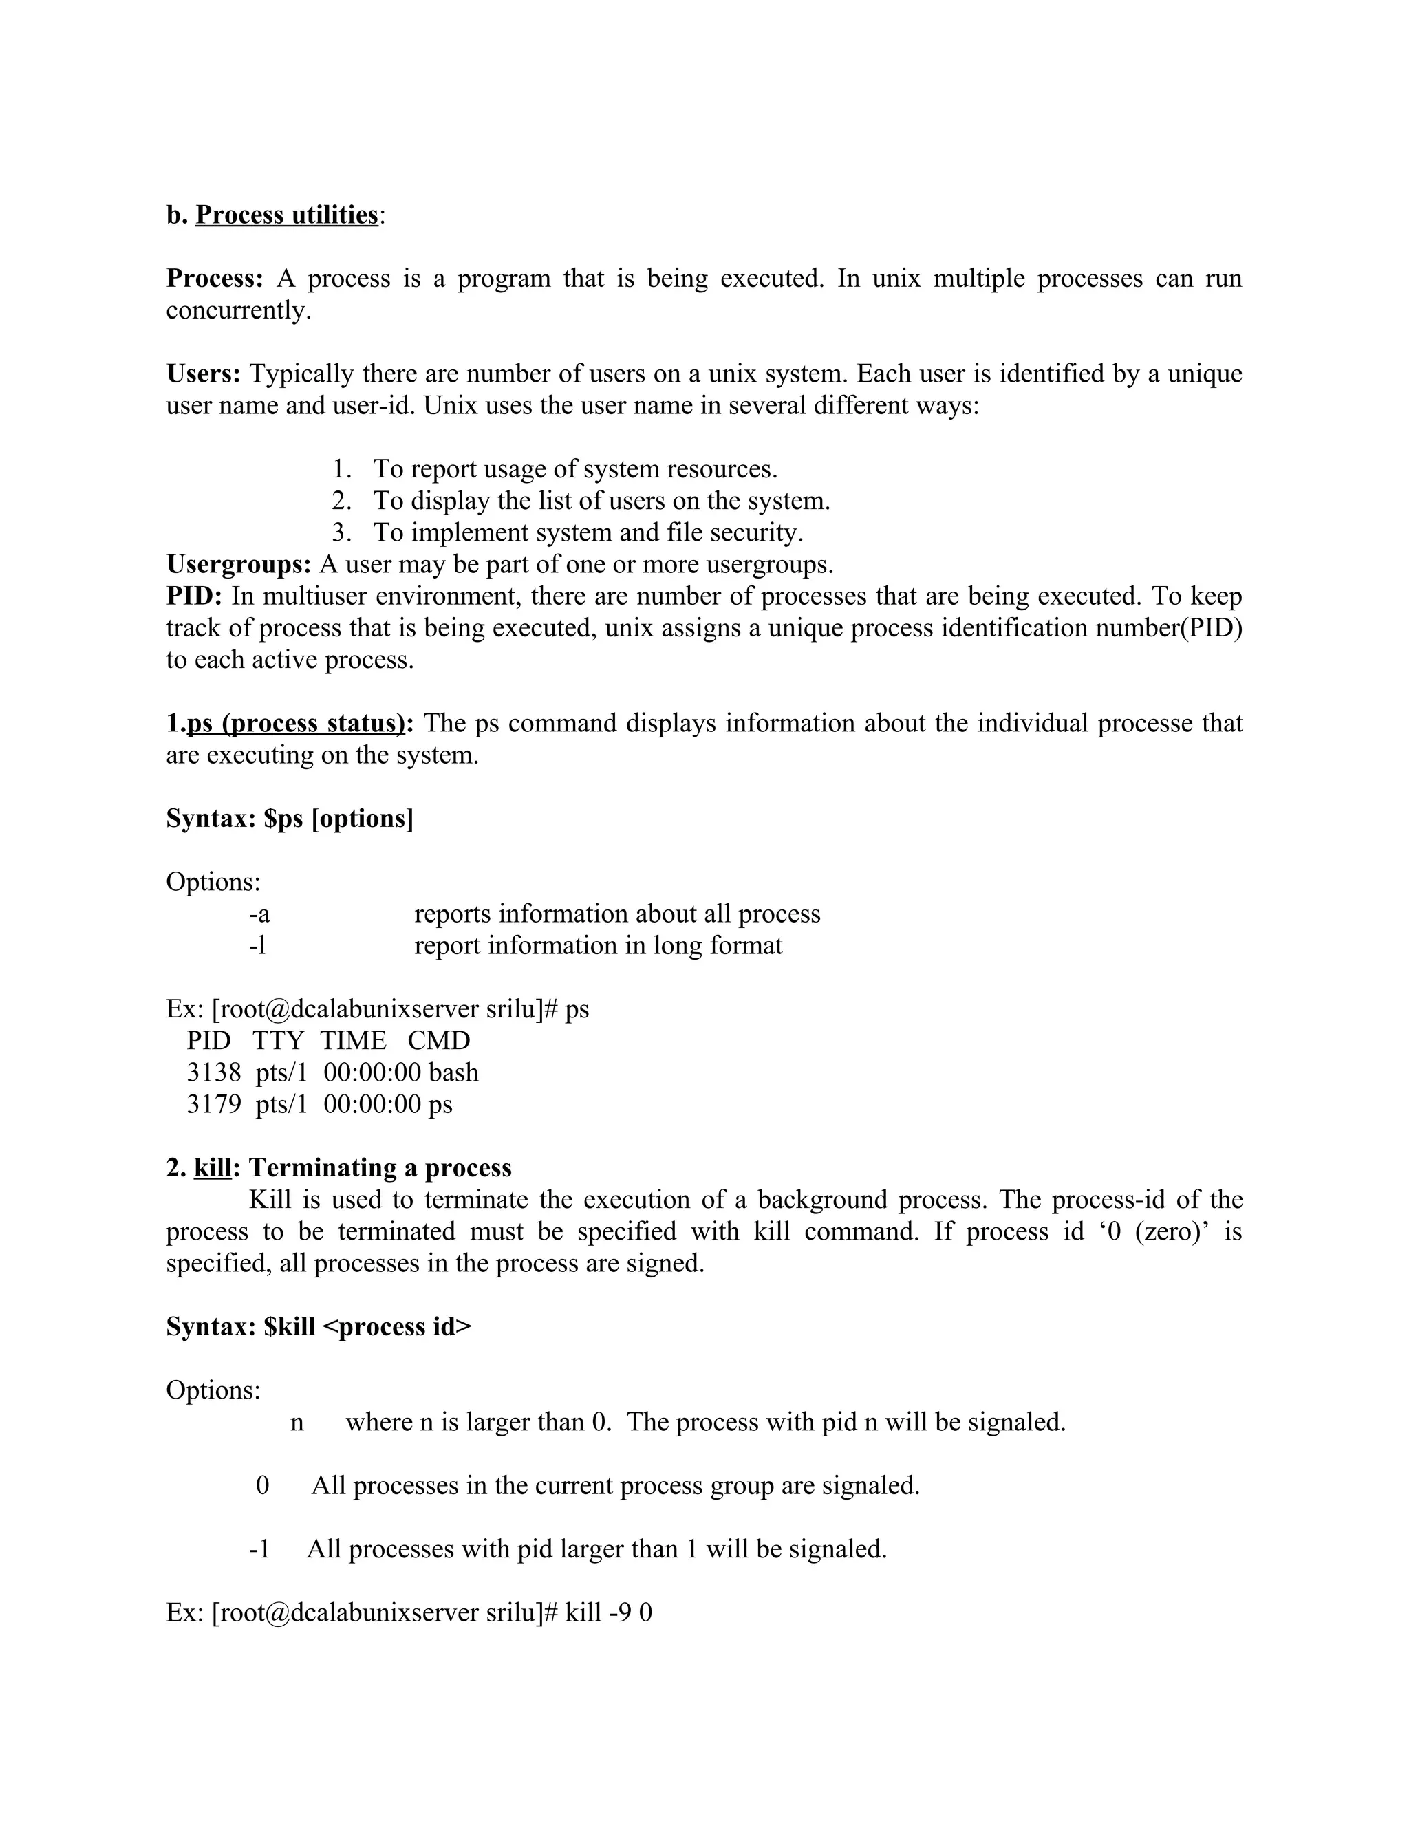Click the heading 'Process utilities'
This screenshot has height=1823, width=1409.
click(x=286, y=215)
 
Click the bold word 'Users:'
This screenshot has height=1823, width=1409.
click(x=204, y=374)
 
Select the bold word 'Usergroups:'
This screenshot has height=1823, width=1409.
click(x=239, y=565)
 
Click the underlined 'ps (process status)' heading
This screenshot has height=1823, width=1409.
click(x=294, y=723)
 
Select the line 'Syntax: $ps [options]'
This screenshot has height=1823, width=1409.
click(x=290, y=819)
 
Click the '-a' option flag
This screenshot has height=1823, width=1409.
click(x=259, y=914)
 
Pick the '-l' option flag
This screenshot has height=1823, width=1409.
click(x=257, y=946)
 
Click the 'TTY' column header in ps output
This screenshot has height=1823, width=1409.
click(x=278, y=1041)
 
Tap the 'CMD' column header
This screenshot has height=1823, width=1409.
click(x=438, y=1041)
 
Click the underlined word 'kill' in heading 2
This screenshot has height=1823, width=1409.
click(x=212, y=1168)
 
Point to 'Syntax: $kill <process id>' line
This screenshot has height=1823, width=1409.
click(x=319, y=1327)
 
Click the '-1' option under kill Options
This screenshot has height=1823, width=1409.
click(x=259, y=1549)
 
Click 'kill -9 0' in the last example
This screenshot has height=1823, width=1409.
click(x=607, y=1612)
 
